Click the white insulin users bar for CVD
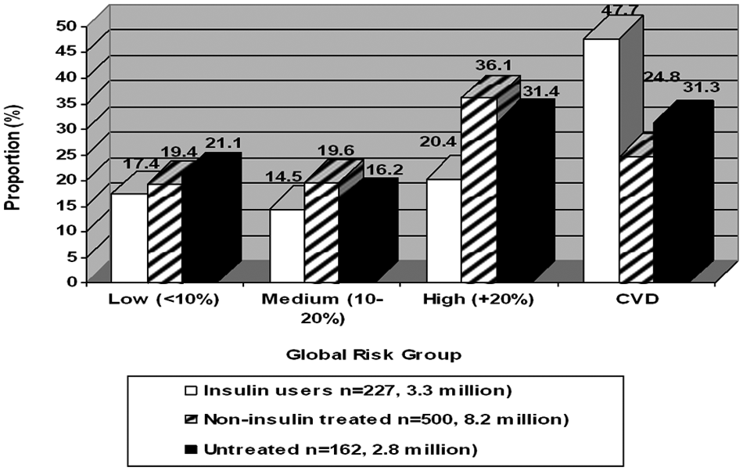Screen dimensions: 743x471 pos(601,160)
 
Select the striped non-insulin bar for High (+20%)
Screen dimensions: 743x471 pos(479,190)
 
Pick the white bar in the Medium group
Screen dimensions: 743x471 pos(287,246)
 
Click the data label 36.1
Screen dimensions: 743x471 pos(494,66)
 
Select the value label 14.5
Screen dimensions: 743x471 pos(284,177)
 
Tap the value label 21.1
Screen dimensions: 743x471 pos(223,142)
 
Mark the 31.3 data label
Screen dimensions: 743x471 pos(702,87)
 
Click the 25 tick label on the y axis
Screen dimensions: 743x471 pos(66,154)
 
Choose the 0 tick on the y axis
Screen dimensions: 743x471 pos(71,282)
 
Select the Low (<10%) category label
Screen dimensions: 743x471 pos(164,300)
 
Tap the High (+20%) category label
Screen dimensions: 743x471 pos(479,300)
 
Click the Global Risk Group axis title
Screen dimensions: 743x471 pos(374,355)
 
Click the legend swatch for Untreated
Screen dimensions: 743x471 pos(191,449)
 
